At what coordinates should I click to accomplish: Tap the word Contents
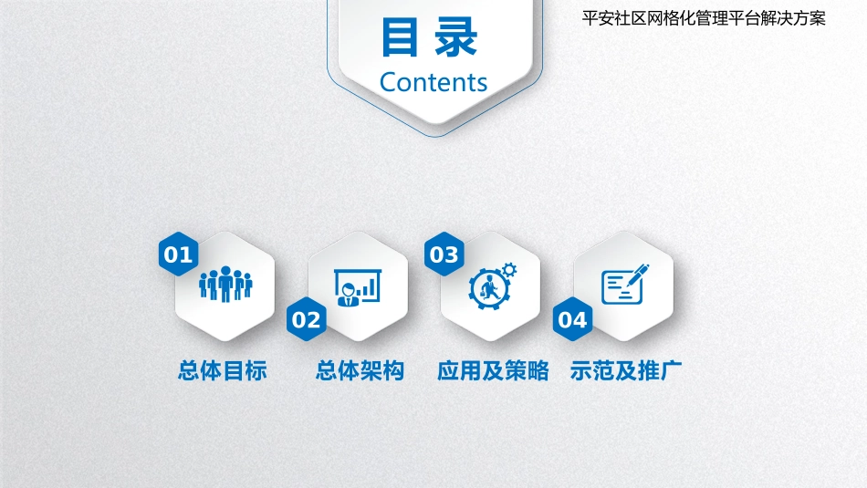(x=433, y=82)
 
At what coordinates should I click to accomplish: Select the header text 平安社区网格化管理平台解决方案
(x=703, y=18)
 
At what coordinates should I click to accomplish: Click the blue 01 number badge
(x=179, y=254)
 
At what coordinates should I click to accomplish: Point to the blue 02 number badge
(x=307, y=319)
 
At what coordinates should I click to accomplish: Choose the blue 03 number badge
(x=444, y=254)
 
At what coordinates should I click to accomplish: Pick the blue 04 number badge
(x=573, y=319)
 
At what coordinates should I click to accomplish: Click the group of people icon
(x=225, y=285)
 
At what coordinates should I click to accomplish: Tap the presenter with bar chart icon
(x=356, y=286)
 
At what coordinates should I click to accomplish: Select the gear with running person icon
(x=491, y=286)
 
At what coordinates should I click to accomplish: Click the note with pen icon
(x=624, y=285)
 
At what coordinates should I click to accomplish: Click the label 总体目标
(x=223, y=370)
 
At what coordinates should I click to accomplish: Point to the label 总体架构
(x=360, y=370)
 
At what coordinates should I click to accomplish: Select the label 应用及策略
(x=493, y=370)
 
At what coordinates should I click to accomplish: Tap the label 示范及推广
(x=625, y=370)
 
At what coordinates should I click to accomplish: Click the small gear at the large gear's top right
(x=509, y=269)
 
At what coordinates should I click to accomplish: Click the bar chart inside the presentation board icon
(x=367, y=288)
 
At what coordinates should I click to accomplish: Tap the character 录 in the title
(x=457, y=39)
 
